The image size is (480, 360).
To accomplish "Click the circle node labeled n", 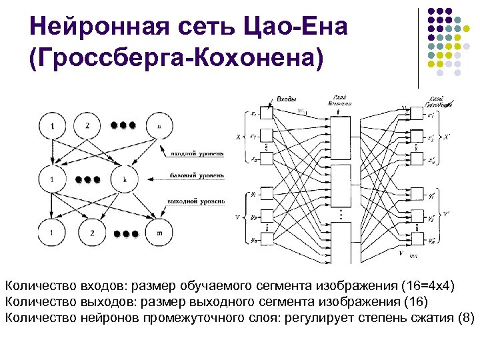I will click(159, 125).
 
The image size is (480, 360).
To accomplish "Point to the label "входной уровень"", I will click(196, 153).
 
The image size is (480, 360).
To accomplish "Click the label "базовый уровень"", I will click(196, 177).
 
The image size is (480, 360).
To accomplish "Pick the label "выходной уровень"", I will click(196, 200).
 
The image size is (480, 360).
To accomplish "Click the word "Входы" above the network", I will click(286, 100).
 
